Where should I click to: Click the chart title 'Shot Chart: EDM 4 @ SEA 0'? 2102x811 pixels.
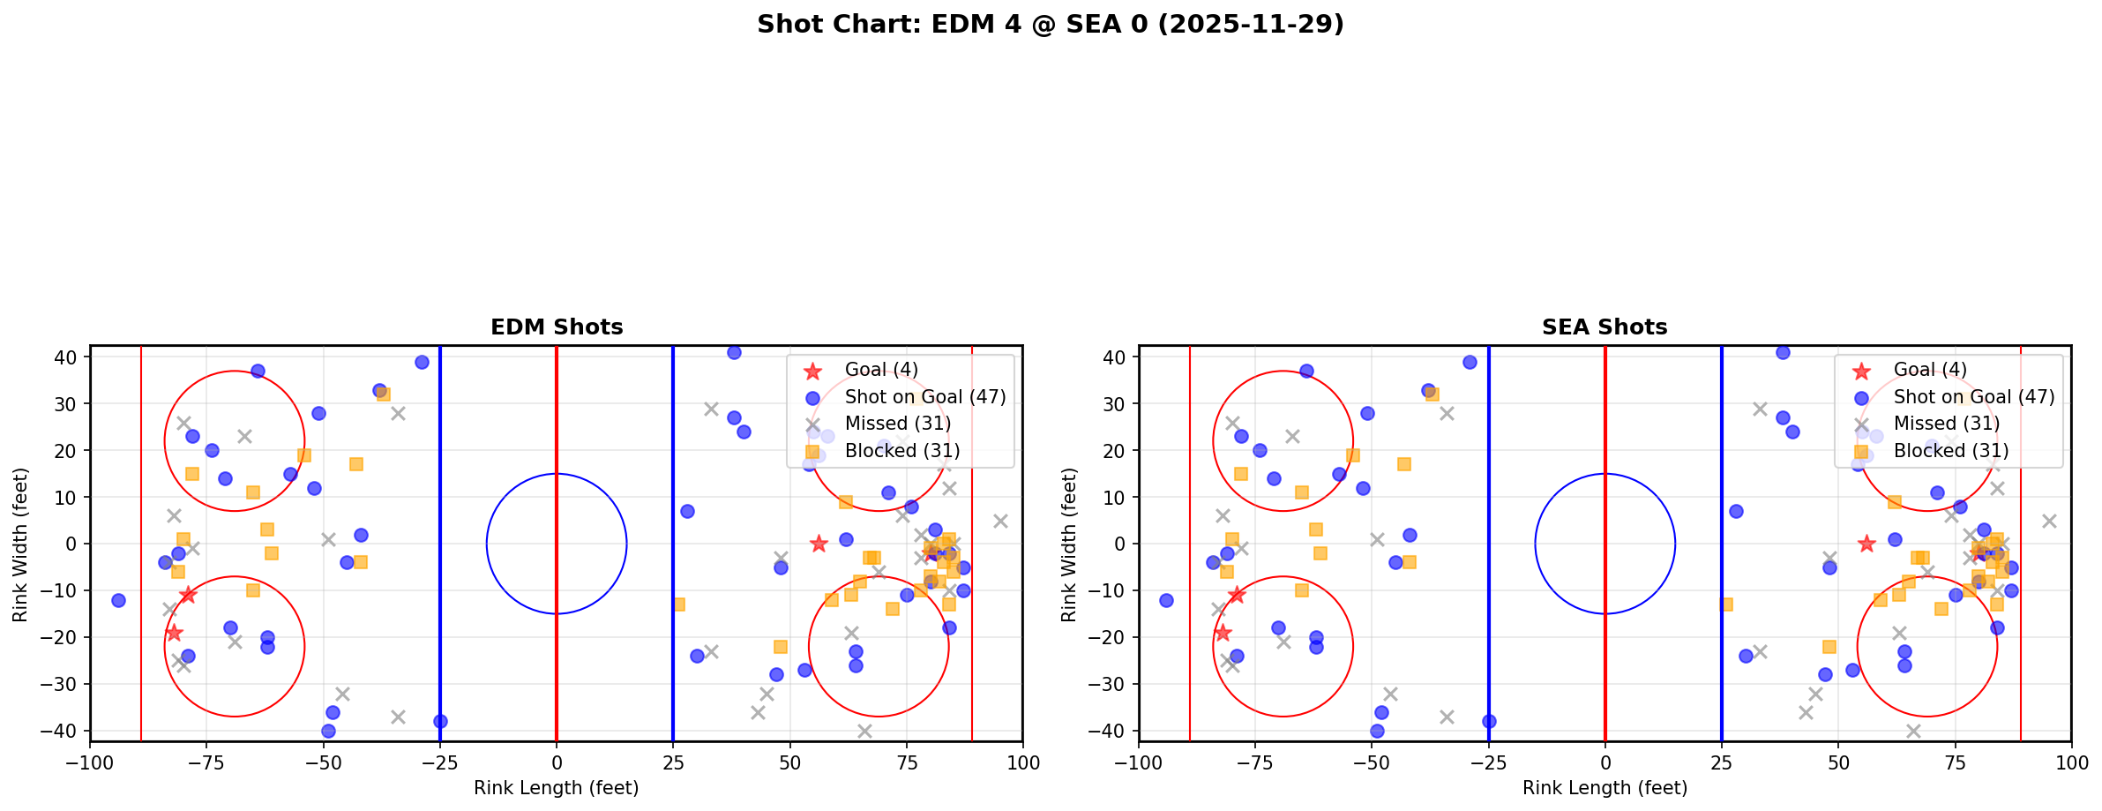1050,25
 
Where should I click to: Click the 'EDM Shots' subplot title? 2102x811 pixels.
557,327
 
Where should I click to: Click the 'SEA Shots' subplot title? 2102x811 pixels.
1605,327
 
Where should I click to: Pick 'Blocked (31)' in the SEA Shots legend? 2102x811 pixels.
1951,451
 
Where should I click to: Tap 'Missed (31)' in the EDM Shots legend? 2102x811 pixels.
897,424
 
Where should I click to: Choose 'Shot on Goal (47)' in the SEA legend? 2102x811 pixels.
1974,397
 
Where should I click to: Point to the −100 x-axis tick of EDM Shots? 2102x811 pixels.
90,762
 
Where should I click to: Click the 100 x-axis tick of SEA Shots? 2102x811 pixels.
2071,762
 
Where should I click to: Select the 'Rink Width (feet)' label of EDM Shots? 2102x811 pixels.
20,544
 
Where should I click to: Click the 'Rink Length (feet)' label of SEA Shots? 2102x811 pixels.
1605,788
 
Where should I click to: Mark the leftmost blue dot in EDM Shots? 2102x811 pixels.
118,600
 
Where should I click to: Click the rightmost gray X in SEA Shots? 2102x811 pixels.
2048,521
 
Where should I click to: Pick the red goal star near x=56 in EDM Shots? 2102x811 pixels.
818,544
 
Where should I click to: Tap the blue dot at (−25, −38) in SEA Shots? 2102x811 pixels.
1489,721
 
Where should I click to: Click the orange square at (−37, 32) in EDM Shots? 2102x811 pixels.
384,394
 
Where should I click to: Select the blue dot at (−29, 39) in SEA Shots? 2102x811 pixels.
1470,362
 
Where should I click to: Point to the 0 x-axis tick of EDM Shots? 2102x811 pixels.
557,762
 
